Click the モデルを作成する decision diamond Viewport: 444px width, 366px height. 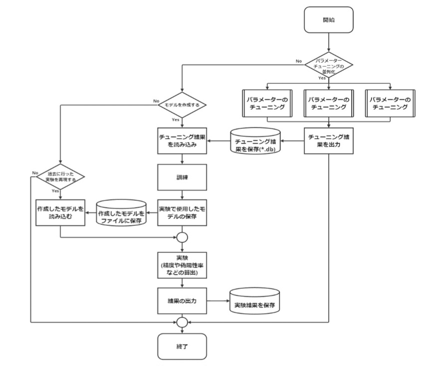pyautogui.click(x=182, y=106)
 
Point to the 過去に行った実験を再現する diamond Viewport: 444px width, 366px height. pyautogui.click(x=59, y=177)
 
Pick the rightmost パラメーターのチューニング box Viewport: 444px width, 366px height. pyautogui.click(x=389, y=103)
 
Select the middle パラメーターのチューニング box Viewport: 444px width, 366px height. pyautogui.click(x=328, y=103)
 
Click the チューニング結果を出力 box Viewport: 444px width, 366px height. pyautogui.click(x=329, y=141)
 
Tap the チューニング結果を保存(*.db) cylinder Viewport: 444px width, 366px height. pyautogui.click(x=255, y=142)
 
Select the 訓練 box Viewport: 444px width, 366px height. pyautogui.click(x=182, y=177)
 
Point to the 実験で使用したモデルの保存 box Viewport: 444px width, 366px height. pyautogui.click(x=182, y=213)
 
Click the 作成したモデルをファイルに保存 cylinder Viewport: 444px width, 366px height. pyautogui.click(x=121, y=213)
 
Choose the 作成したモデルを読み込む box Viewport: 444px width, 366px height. pyautogui.click(x=60, y=213)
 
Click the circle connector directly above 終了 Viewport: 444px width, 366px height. pyautogui.click(x=182, y=323)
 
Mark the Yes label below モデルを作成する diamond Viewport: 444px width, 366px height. pyautogui.click(x=176, y=120)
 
